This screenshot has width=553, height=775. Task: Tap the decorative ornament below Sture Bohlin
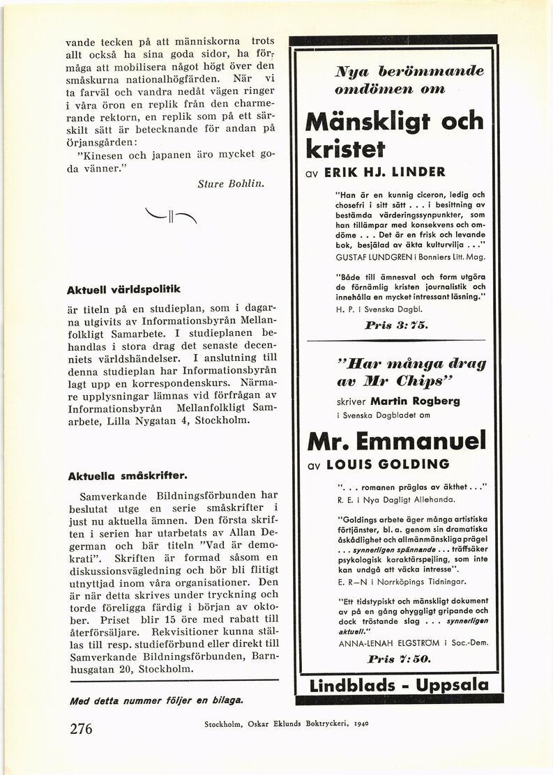(x=167, y=214)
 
